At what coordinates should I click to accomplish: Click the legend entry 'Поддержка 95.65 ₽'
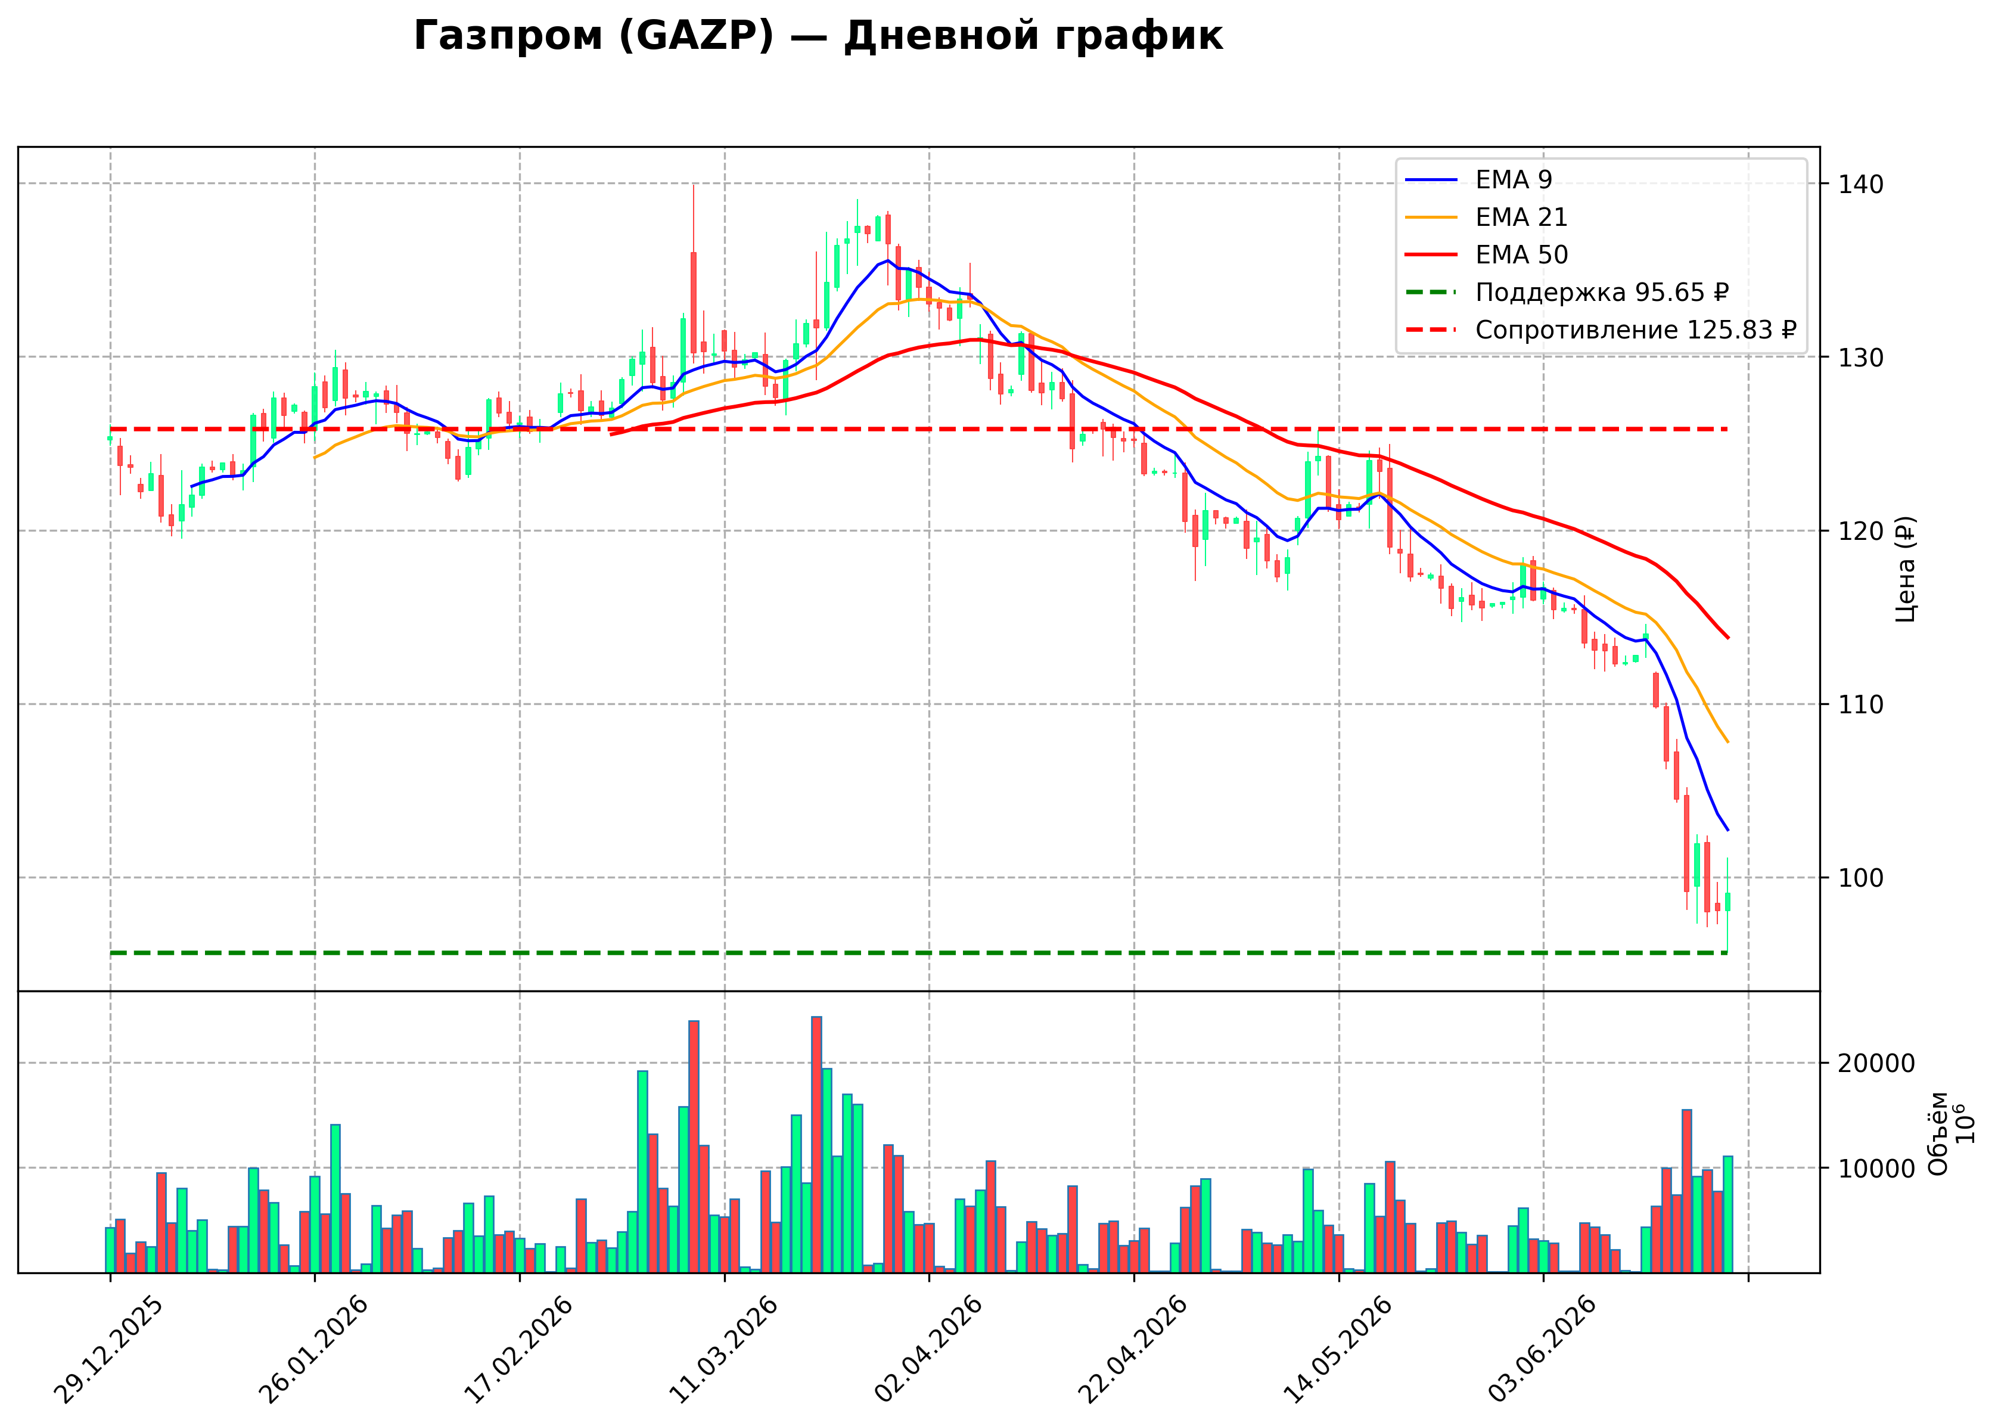[1568, 293]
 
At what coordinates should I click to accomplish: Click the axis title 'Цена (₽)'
[1906, 569]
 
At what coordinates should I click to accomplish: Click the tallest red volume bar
[816, 1144]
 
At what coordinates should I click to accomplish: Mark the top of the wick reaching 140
[694, 184]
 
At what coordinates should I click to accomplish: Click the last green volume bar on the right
[1727, 1214]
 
